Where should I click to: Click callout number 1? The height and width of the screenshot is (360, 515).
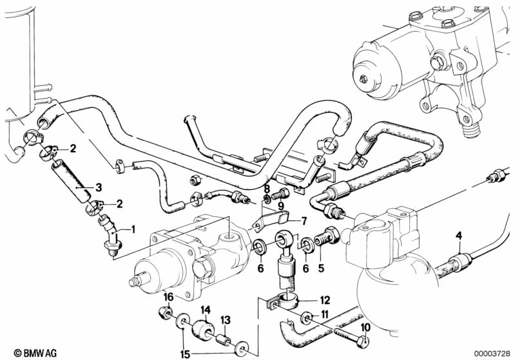pyautogui.click(x=133, y=229)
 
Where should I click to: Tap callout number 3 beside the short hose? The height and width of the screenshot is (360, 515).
pyautogui.click(x=99, y=187)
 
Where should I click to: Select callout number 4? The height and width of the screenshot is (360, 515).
pyautogui.click(x=459, y=235)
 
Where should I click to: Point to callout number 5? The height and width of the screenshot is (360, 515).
pyautogui.click(x=321, y=268)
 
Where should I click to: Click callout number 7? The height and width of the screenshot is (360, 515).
pyautogui.click(x=304, y=221)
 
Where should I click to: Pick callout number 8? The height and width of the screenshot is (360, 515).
pyautogui.click(x=267, y=189)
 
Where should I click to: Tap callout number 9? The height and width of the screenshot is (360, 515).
pyautogui.click(x=280, y=206)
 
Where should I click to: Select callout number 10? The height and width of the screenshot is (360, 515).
pyautogui.click(x=365, y=327)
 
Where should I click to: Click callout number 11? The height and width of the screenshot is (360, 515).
pyautogui.click(x=324, y=314)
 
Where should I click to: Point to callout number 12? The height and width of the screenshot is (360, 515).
pyautogui.click(x=325, y=300)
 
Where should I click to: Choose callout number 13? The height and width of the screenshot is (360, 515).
pyautogui.click(x=226, y=320)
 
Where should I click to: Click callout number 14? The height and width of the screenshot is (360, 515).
pyautogui.click(x=206, y=310)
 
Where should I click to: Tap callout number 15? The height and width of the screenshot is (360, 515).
pyautogui.click(x=185, y=354)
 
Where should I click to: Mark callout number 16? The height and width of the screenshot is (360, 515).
pyautogui.click(x=168, y=297)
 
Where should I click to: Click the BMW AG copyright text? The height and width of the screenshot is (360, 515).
pyautogui.click(x=35, y=353)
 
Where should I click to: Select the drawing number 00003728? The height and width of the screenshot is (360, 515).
pyautogui.click(x=492, y=354)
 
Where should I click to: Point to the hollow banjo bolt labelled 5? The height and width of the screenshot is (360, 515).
pyautogui.click(x=327, y=237)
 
